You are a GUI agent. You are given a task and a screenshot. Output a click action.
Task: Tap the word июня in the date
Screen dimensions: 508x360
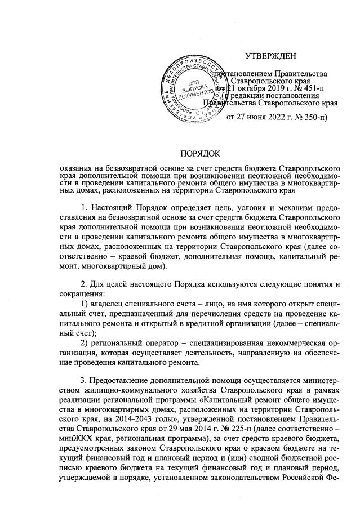tap(260, 117)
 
